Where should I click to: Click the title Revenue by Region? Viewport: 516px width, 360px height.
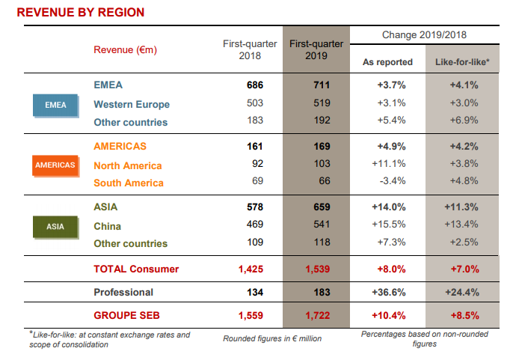[81, 13]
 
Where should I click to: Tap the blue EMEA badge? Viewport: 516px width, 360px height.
[55, 105]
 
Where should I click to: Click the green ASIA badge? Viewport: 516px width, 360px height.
[55, 226]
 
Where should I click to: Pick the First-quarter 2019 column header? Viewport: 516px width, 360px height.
[316, 50]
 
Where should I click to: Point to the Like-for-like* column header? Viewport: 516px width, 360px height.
[462, 62]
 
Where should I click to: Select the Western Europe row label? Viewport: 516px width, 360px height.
[132, 105]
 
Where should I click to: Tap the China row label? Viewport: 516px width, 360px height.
[108, 226]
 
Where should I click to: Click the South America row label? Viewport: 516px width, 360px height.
[128, 183]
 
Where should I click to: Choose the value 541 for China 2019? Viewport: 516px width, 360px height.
[322, 226]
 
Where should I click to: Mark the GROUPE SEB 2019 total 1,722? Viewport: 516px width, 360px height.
[316, 315]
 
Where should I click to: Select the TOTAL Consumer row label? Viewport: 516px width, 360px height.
[136, 269]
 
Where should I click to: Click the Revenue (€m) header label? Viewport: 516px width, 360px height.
[125, 50]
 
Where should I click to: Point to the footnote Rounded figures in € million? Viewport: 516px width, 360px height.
[272, 339]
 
